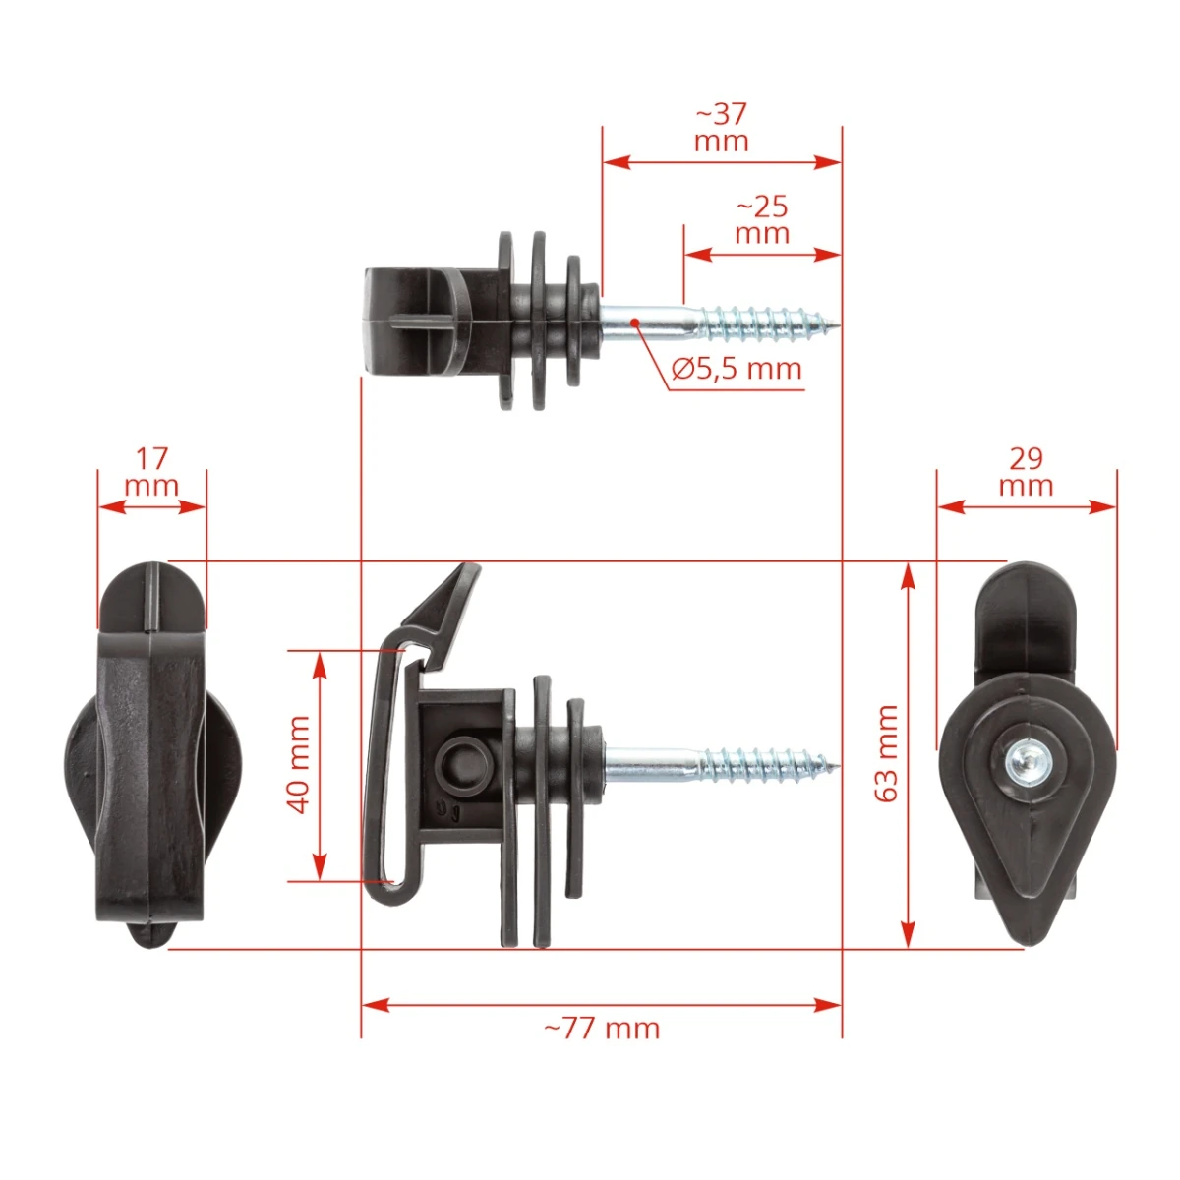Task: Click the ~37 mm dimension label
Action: [722, 128]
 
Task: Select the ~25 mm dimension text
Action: [762, 220]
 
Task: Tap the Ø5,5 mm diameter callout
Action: [737, 369]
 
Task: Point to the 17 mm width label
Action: [151, 473]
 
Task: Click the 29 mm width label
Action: [1027, 473]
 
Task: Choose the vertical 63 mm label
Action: [885, 754]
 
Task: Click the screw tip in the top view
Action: [839, 324]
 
